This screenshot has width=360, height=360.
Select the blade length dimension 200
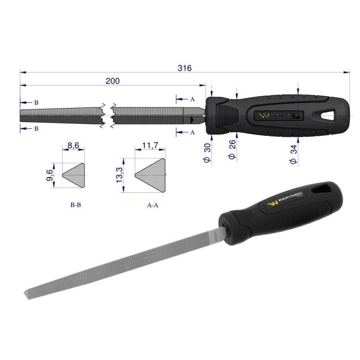click(x=113, y=81)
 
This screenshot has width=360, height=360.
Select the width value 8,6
click(x=74, y=146)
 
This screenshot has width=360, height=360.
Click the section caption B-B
click(x=75, y=204)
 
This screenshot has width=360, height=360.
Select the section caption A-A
click(x=152, y=204)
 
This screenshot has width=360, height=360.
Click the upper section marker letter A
click(x=192, y=98)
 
